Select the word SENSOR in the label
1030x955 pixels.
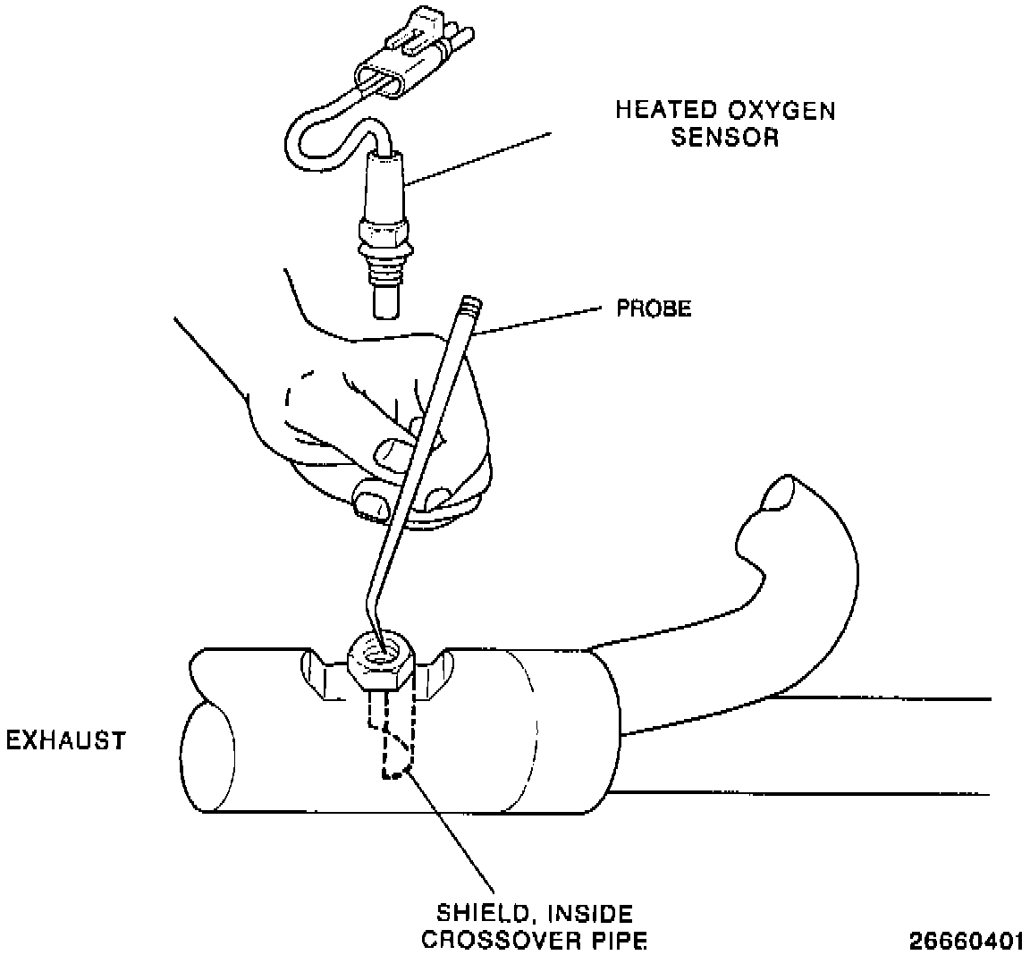(x=724, y=139)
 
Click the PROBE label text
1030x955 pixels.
(x=654, y=309)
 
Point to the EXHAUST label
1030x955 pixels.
(x=65, y=741)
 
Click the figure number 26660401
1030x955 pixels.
(x=966, y=941)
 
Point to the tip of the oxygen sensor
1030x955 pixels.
(x=385, y=300)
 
